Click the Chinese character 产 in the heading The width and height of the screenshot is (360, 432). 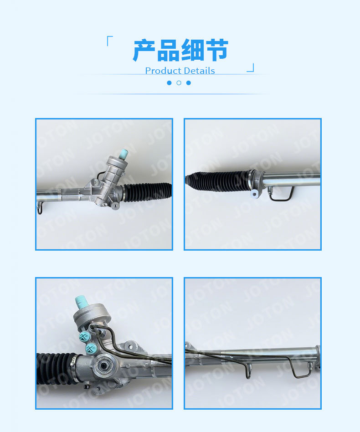click(x=144, y=50)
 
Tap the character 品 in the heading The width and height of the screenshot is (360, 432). click(x=168, y=50)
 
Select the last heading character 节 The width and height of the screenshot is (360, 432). click(x=216, y=50)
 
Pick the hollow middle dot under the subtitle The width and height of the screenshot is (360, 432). click(x=179, y=83)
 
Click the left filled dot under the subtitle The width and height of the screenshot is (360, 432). click(x=169, y=83)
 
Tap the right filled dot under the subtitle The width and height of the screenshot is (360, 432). click(x=188, y=83)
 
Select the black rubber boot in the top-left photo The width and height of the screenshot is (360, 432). click(x=147, y=191)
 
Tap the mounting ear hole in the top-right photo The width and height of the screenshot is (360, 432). click(x=254, y=194)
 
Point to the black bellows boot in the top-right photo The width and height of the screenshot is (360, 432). click(x=218, y=180)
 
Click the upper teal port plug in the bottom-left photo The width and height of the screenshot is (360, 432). click(x=84, y=336)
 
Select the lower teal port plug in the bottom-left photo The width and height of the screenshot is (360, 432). click(x=91, y=349)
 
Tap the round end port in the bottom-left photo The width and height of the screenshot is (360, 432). click(x=104, y=366)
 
